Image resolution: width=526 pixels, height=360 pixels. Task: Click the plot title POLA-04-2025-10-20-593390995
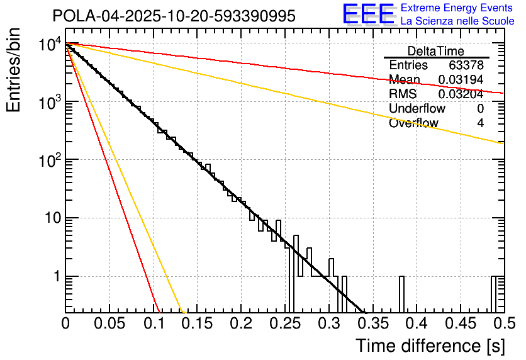tap(174, 17)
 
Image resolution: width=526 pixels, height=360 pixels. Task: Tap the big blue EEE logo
tap(369, 15)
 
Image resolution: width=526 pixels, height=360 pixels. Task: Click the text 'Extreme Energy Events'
tap(457, 8)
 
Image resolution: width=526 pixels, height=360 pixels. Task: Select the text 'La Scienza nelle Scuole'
tap(457, 21)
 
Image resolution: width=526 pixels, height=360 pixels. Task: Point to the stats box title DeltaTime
tap(436, 51)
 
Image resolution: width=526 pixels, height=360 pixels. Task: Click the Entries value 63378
tap(466, 65)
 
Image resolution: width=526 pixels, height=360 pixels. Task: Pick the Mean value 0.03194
tap(461, 80)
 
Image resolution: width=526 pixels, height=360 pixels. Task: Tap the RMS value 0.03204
tap(461, 94)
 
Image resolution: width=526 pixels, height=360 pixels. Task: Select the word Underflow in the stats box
tap(417, 109)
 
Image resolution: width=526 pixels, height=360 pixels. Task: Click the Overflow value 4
tap(480, 123)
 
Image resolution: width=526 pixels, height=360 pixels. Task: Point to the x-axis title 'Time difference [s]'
tap(429, 346)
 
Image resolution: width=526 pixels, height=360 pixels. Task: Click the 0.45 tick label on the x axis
tap(459, 324)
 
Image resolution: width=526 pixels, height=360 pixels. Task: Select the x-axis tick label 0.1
tap(153, 324)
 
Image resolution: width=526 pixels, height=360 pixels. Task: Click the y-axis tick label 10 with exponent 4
tap(49, 45)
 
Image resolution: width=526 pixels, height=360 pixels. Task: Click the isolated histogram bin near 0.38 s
tap(401, 294)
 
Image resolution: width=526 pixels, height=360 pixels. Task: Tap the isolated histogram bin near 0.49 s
tap(495, 294)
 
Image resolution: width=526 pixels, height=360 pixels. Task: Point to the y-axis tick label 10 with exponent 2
tap(49, 161)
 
